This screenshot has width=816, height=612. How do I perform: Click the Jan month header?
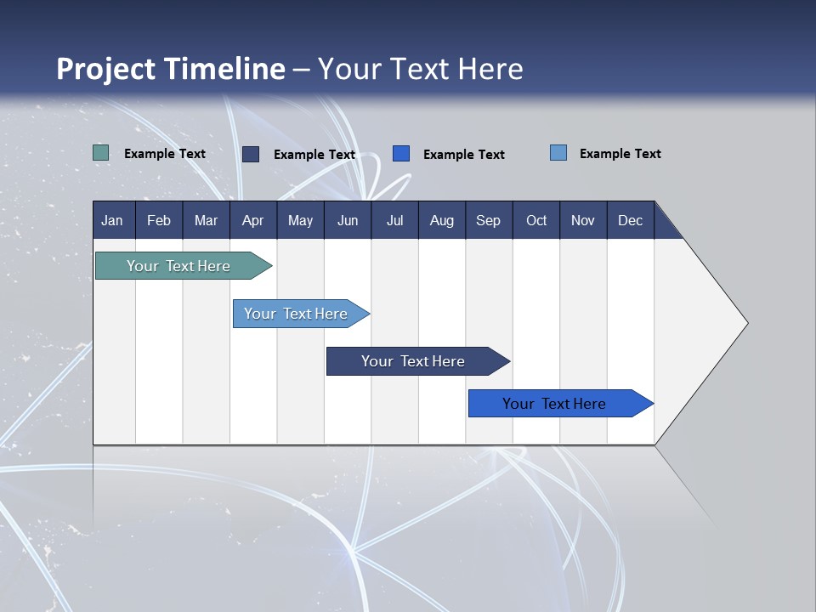click(113, 220)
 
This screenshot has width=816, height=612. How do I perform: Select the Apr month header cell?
click(253, 220)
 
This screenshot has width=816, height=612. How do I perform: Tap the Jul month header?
click(394, 220)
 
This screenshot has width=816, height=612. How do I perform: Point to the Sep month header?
click(489, 220)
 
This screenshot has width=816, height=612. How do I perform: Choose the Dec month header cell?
click(630, 220)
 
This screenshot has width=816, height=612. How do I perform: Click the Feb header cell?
click(159, 220)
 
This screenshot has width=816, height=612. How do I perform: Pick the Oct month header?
click(536, 220)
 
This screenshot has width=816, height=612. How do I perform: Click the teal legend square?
click(101, 153)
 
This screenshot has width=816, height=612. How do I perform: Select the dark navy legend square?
click(251, 154)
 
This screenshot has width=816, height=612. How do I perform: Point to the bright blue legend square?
click(401, 154)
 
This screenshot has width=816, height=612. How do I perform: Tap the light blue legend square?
click(558, 153)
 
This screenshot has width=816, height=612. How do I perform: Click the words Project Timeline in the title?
click(171, 69)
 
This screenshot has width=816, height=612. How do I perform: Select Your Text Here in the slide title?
click(421, 69)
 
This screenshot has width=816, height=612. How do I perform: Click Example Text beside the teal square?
click(165, 154)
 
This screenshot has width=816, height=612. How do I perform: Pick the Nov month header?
click(583, 220)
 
